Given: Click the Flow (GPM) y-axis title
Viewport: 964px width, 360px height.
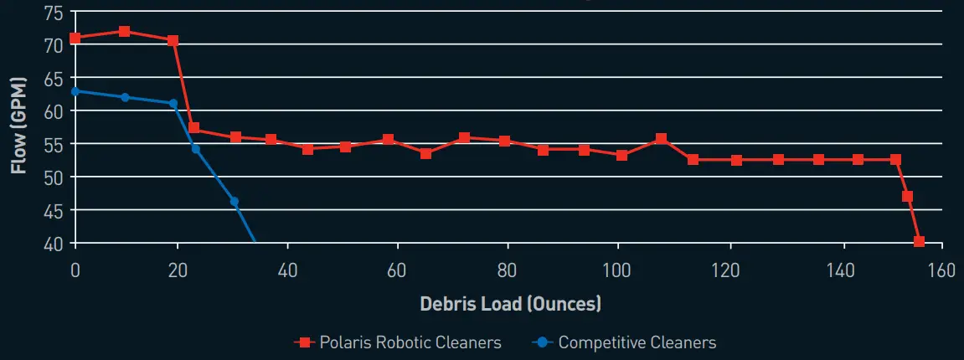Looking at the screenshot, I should pos(18,125).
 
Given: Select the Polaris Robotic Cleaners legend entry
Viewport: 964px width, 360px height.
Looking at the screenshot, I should pos(398,342).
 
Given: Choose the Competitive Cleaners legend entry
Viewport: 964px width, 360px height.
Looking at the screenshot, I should pos(625,342).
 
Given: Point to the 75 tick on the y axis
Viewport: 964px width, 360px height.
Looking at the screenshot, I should pos(52,12).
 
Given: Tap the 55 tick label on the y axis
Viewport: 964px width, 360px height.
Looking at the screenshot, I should pos(52,144).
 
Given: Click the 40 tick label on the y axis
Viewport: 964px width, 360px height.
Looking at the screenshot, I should pos(52,244).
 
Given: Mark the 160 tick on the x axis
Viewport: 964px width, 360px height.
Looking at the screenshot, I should pos(942,271).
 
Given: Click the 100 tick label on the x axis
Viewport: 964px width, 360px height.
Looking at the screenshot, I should pos(617,271).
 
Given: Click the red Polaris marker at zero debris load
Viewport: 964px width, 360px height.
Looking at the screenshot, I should pos(75,39).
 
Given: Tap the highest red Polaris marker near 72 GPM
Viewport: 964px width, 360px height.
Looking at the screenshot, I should pos(124,32).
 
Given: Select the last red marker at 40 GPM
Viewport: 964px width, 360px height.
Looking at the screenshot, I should pos(919,242).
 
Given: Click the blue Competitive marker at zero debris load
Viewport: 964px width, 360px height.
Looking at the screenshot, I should pos(75,91).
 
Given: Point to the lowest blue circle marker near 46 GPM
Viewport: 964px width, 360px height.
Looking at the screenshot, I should pos(235,202).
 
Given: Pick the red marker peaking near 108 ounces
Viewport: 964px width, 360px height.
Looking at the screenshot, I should pos(661,139).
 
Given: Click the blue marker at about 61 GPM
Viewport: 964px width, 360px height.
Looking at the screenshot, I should pos(173,104).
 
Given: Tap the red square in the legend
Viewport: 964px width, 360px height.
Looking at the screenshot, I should pos(304,342).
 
